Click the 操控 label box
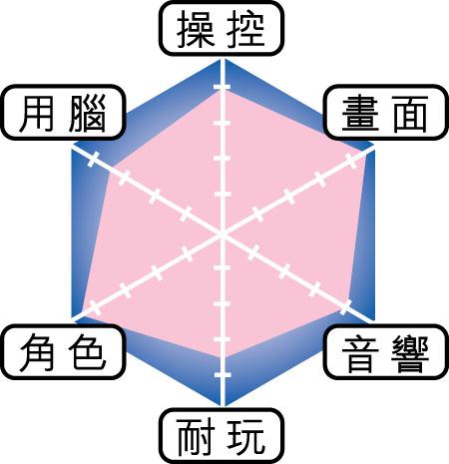click(222, 29)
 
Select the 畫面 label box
click(385, 113)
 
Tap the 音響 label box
click(385, 352)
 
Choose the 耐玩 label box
click(222, 436)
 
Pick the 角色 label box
click(63, 352)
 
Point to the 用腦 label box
click(63, 113)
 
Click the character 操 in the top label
click(196, 29)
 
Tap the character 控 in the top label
click(246, 29)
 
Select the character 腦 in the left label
click(88, 113)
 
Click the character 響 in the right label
click(410, 353)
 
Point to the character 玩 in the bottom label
click(246, 437)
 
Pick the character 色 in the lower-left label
click(88, 352)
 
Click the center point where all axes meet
click(223, 234)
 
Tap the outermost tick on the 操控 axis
click(223, 87)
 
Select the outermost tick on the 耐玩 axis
click(223, 375)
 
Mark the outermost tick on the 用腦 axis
click(94, 159)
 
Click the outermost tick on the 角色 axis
click(95, 307)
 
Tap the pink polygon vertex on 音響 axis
click(342, 311)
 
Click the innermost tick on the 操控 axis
click(223, 195)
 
